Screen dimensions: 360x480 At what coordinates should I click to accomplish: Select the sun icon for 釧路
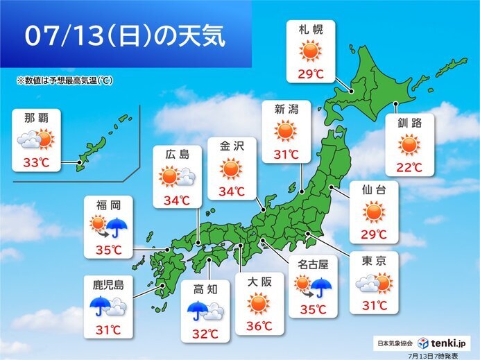(x=410, y=145)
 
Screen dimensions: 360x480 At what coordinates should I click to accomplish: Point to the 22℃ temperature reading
(x=410, y=167)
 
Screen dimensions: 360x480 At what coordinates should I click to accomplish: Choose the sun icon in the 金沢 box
(x=231, y=169)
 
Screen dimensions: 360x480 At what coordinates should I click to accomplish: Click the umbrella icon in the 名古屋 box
(x=321, y=285)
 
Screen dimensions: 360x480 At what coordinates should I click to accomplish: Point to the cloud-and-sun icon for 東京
(x=374, y=282)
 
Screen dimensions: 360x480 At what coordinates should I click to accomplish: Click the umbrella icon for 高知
(x=198, y=309)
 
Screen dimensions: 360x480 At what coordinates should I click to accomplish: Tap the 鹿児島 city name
(x=108, y=284)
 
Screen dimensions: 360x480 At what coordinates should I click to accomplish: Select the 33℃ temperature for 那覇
(x=36, y=164)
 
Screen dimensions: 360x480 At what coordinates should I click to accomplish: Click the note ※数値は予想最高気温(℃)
(x=65, y=81)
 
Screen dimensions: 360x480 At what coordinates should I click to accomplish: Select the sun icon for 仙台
(x=374, y=211)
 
